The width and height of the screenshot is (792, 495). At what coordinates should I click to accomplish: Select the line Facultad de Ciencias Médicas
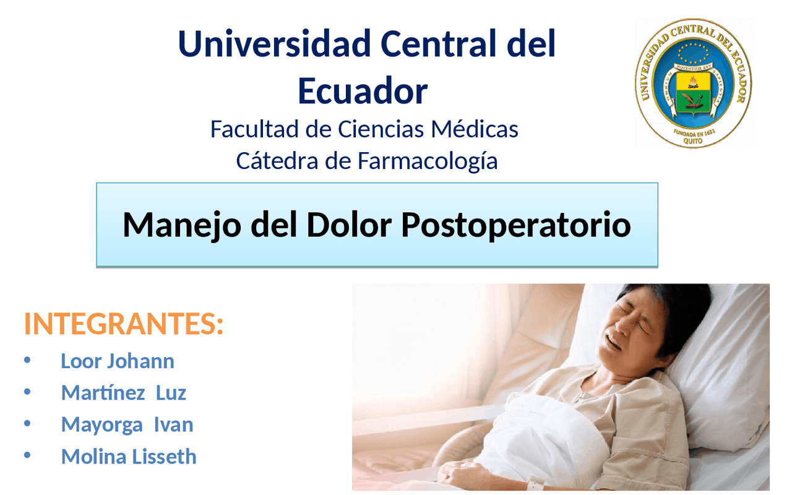click(x=364, y=129)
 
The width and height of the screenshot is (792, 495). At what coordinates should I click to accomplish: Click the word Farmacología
click(x=428, y=161)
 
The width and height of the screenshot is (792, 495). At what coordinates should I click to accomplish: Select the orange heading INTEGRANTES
click(x=123, y=324)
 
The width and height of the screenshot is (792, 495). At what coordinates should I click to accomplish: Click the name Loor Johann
click(x=117, y=361)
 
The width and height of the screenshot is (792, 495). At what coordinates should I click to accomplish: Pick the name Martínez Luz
click(x=123, y=392)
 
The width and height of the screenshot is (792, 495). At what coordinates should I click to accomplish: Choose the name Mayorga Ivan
click(x=127, y=424)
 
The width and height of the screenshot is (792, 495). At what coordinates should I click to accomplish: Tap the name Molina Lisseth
click(x=129, y=457)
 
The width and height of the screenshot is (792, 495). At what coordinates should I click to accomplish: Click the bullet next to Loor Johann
click(x=27, y=360)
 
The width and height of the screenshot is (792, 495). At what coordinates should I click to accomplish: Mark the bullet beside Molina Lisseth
click(x=27, y=456)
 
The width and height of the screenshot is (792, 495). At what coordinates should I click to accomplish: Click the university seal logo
click(x=693, y=83)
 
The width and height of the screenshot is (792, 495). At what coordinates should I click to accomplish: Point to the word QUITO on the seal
click(x=693, y=140)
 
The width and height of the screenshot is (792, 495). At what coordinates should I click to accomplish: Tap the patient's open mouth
click(x=613, y=340)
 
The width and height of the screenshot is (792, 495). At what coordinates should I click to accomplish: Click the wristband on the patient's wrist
click(x=536, y=483)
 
